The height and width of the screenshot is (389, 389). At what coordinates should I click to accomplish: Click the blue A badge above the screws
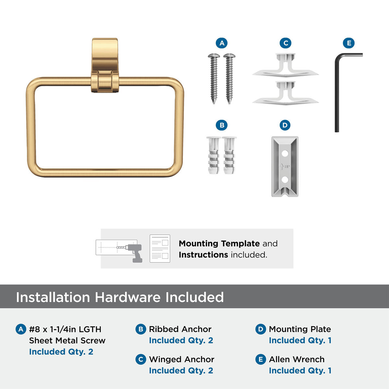(222, 43)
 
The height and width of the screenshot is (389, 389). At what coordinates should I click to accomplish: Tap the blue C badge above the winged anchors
(286, 43)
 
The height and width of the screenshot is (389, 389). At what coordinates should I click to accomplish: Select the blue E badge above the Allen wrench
(348, 43)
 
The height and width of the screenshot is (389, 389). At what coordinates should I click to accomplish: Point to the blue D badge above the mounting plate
(285, 125)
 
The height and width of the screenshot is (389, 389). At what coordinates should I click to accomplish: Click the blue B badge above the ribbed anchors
(222, 125)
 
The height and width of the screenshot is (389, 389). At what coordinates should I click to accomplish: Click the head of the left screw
(214, 55)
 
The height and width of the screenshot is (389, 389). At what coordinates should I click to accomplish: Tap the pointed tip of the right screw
(229, 103)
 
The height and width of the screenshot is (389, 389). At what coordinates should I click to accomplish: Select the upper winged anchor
(286, 65)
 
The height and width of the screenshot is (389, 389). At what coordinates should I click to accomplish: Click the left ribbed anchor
(213, 155)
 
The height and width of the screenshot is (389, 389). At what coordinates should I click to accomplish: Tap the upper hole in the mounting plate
(285, 153)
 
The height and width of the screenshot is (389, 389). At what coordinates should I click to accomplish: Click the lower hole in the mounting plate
(285, 180)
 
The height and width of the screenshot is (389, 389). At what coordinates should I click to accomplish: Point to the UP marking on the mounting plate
(285, 167)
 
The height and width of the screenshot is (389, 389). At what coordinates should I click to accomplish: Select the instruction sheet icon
(160, 249)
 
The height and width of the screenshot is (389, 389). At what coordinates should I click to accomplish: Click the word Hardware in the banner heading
(128, 297)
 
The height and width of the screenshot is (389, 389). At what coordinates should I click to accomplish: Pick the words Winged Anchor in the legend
(182, 359)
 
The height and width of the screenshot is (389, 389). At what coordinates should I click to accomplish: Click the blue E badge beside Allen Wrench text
(261, 359)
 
